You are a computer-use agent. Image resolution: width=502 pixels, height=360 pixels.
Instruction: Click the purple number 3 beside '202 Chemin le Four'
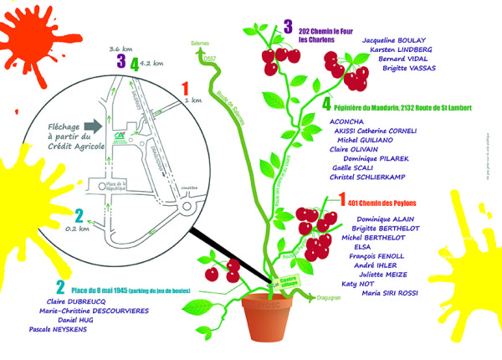tap(287, 28)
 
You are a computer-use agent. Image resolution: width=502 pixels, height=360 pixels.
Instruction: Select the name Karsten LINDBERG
tap(398, 49)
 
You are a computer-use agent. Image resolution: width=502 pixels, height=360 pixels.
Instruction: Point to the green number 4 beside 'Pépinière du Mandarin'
tap(327, 106)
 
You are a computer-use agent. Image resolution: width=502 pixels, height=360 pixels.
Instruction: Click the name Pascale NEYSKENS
tap(57, 329)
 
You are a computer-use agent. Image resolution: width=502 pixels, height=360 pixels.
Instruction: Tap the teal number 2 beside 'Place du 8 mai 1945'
tap(60, 287)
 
